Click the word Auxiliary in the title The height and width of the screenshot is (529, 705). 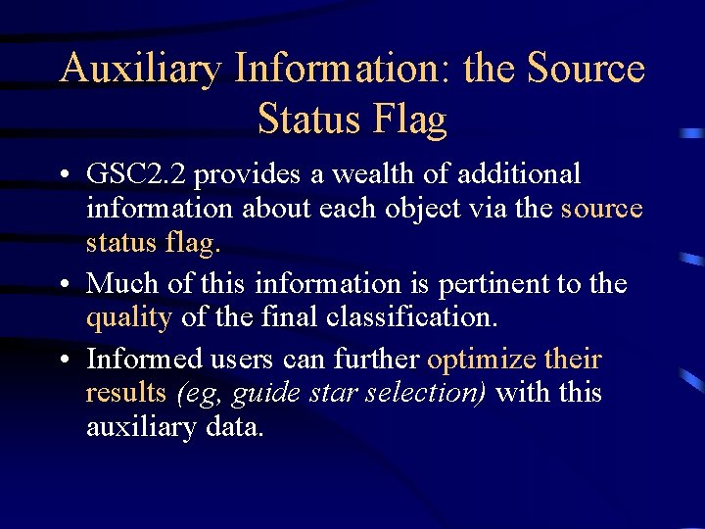pos(139,69)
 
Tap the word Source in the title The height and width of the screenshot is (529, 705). pos(586,69)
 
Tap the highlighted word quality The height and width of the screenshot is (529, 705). pos(129,318)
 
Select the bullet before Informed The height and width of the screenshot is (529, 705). pos(62,360)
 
